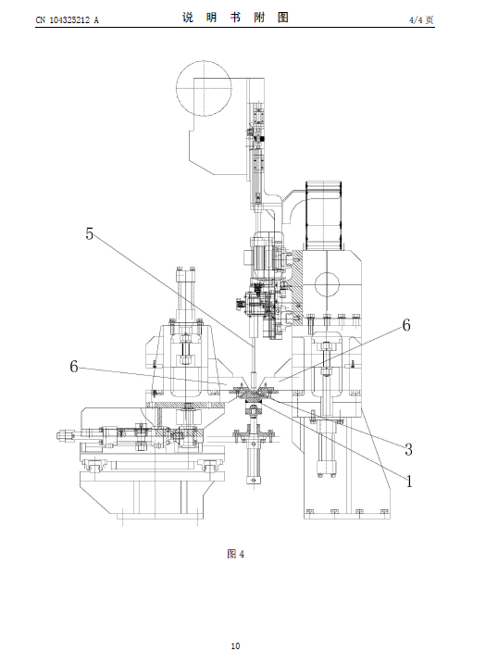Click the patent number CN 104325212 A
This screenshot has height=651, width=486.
(x=68, y=20)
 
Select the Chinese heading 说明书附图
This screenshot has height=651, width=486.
(x=235, y=18)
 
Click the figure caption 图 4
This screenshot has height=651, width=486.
(x=236, y=554)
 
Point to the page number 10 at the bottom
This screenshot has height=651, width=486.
(x=235, y=645)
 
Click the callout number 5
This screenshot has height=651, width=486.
(x=89, y=233)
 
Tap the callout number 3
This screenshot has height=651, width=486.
(x=408, y=449)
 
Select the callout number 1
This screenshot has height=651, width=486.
(x=409, y=482)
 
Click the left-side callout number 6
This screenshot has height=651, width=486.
(x=74, y=366)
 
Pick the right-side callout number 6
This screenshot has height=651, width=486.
(x=406, y=325)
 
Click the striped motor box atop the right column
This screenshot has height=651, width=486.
(x=323, y=216)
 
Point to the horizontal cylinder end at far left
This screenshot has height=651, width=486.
(x=65, y=435)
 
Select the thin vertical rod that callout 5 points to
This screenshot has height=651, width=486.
(x=253, y=360)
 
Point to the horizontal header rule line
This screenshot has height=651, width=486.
(x=235, y=28)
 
